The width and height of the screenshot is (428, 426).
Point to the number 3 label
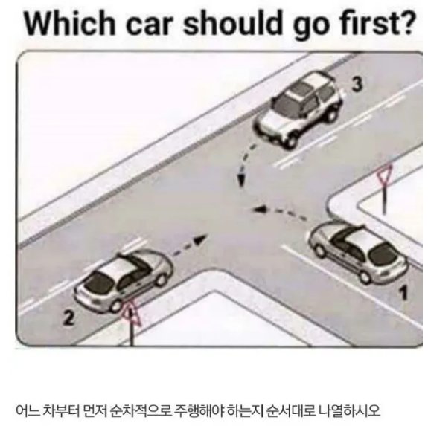357,84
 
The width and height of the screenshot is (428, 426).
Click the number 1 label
403,292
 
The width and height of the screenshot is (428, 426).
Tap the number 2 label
68,317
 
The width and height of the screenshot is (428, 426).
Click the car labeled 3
298,109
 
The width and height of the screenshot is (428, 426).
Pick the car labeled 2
124,281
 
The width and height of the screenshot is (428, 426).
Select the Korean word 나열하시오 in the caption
349,410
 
